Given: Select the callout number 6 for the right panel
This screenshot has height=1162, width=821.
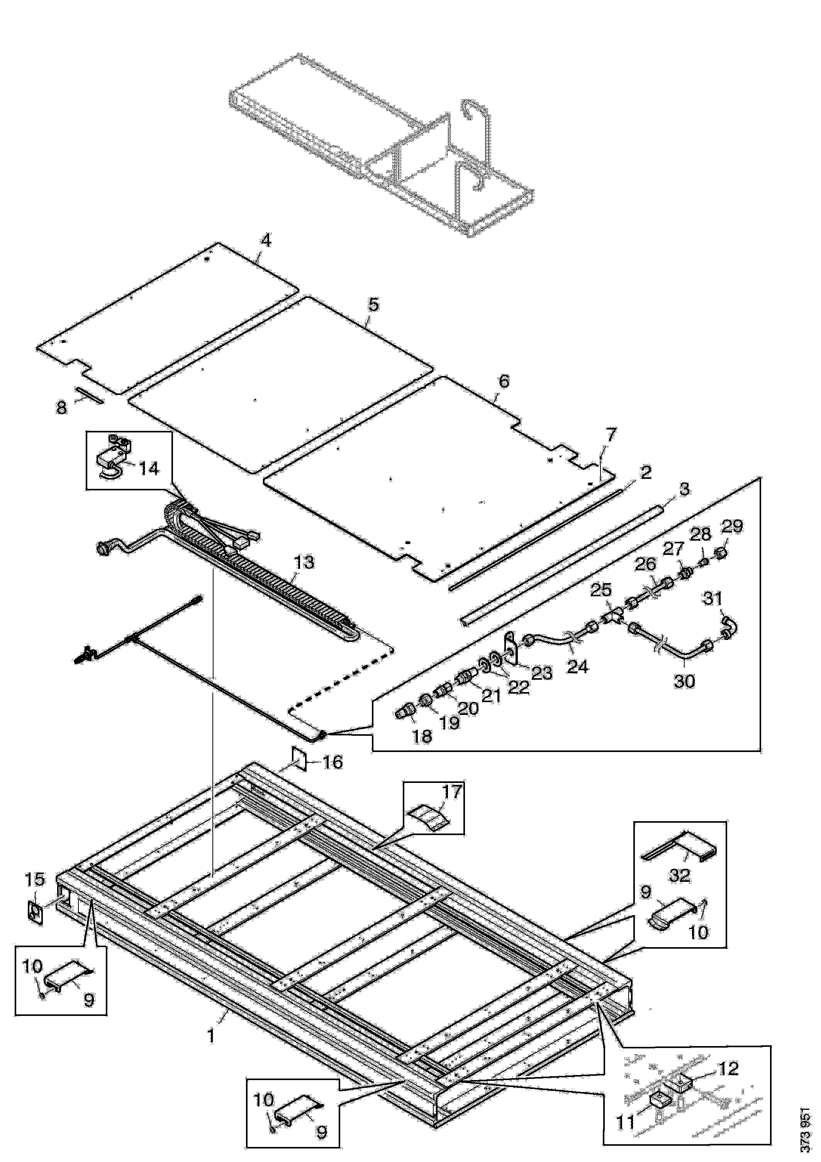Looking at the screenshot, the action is pos(504,381).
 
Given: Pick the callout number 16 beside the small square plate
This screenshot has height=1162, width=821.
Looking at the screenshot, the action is pos(332,762).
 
